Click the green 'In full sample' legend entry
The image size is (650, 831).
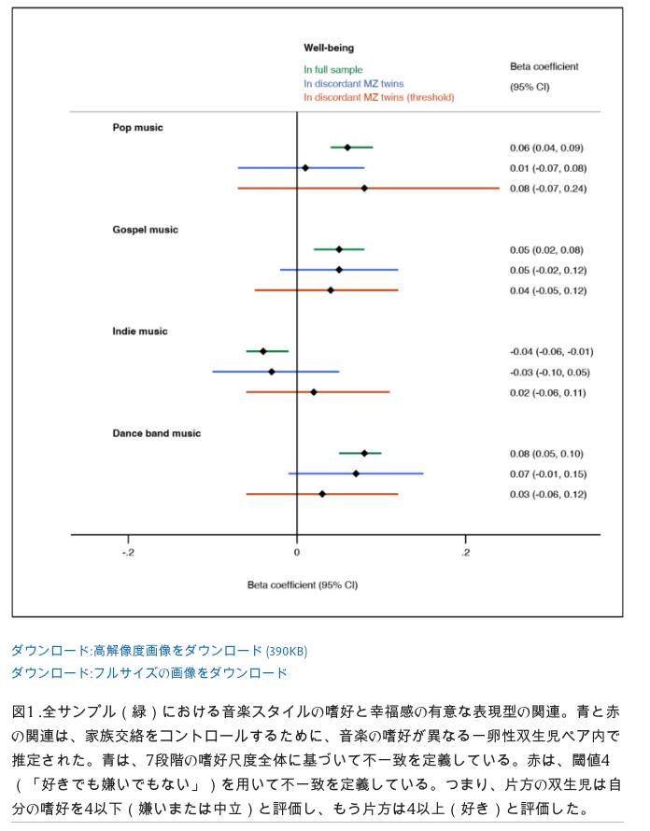(x=333, y=69)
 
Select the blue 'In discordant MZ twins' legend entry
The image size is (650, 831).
(x=354, y=83)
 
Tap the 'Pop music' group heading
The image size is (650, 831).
(x=137, y=127)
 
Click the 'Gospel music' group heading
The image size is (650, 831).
(x=145, y=230)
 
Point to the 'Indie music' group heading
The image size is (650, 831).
(x=139, y=331)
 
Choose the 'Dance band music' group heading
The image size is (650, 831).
(x=156, y=433)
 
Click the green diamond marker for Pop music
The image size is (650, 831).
(x=347, y=148)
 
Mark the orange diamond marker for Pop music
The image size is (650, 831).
(x=364, y=188)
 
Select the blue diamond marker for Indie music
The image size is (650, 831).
(x=272, y=372)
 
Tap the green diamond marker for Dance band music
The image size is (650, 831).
(x=364, y=453)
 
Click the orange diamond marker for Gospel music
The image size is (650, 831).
(x=331, y=289)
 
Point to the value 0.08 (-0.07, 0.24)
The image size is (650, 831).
(x=548, y=189)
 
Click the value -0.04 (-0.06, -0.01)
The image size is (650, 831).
(x=551, y=351)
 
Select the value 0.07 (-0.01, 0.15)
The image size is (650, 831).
(x=548, y=473)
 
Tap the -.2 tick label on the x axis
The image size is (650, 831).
(x=128, y=552)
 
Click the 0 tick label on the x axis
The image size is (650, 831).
(x=296, y=552)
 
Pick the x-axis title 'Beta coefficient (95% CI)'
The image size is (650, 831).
(x=303, y=585)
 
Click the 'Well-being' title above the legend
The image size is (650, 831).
(x=329, y=48)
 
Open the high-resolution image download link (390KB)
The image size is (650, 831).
(x=159, y=650)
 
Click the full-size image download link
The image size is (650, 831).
(x=149, y=673)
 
